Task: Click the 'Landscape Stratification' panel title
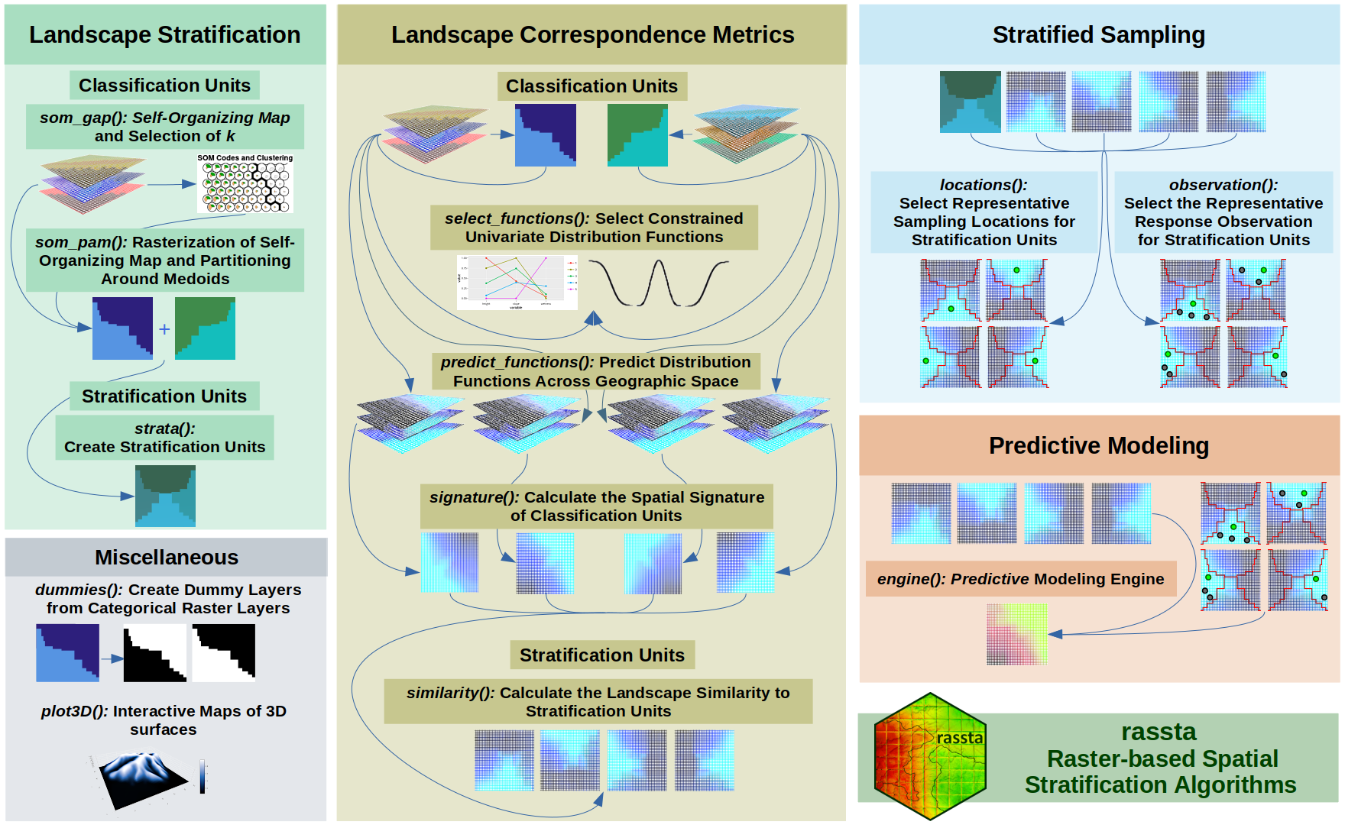[x=164, y=34]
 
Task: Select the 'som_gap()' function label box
[x=164, y=127]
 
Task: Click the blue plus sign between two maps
[x=164, y=329]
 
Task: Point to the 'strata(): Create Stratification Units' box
[x=164, y=438]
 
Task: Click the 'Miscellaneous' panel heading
[x=166, y=557]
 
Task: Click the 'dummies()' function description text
[x=167, y=599]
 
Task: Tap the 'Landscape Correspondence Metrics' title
[x=592, y=34]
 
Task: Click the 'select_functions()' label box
[x=594, y=228]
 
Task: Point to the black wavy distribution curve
[x=658, y=283]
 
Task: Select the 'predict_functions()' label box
[x=595, y=371]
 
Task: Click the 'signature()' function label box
[x=596, y=506]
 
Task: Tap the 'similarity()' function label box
[x=598, y=701]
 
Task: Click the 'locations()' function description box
[x=984, y=212]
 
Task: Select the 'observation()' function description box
[x=1223, y=212]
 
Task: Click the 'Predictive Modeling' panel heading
[x=1098, y=445]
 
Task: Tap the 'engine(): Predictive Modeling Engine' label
[x=1020, y=579]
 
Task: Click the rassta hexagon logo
[x=929, y=756]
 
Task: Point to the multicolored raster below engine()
[x=1016, y=634]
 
